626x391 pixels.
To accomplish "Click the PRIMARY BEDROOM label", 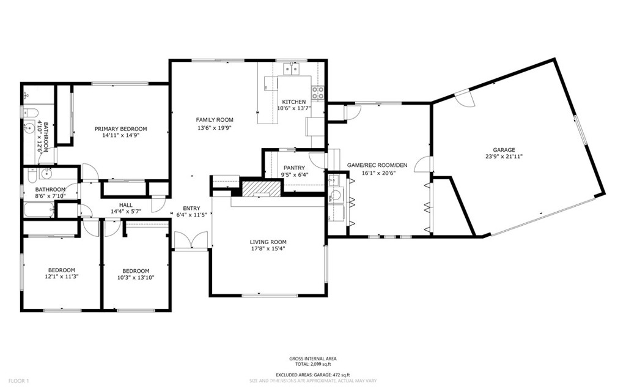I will (x=120, y=128).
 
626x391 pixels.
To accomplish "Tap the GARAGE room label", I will (x=504, y=150).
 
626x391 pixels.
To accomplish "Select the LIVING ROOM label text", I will (x=268, y=242).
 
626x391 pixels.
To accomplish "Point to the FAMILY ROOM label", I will (x=215, y=120).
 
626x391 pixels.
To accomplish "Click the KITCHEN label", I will (x=293, y=102).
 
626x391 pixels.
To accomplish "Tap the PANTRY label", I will (x=294, y=168).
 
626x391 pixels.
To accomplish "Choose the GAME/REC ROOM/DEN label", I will (x=377, y=165).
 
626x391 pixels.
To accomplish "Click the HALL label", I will (x=126, y=205).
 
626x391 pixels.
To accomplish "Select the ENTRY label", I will (x=191, y=208).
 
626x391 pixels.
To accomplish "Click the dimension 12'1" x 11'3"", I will (x=62, y=277).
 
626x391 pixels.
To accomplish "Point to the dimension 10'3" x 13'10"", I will (x=135, y=277).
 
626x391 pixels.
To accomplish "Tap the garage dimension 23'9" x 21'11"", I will (x=504, y=157).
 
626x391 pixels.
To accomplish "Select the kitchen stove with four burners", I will (x=318, y=93).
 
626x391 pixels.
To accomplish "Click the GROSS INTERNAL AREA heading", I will (x=312, y=359).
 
